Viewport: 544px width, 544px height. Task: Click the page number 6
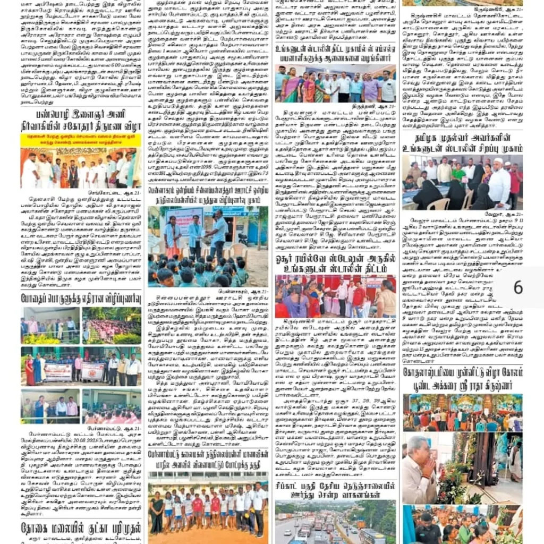517,287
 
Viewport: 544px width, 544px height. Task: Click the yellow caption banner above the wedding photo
81,140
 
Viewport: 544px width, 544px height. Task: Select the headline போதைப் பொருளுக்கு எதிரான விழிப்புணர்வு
81,298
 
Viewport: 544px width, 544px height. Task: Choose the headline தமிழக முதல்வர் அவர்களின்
462,139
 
